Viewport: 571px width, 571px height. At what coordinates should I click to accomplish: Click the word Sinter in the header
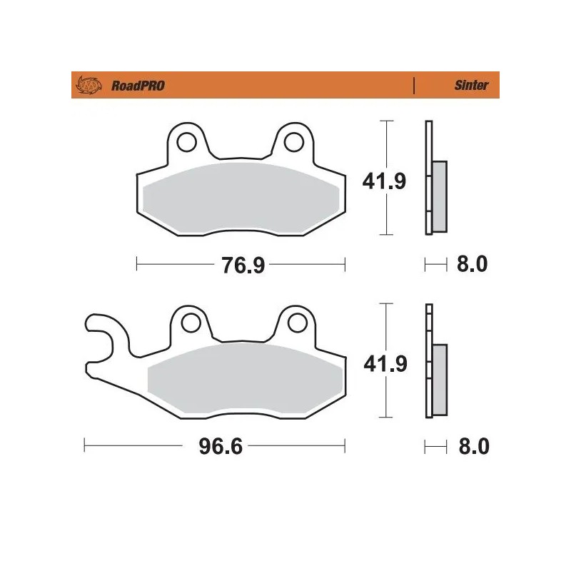(472, 85)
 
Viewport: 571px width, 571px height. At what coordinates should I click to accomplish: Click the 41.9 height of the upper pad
(385, 181)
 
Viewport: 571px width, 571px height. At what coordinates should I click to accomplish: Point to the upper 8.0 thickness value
(471, 266)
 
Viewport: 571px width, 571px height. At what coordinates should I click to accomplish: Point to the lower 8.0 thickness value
(471, 448)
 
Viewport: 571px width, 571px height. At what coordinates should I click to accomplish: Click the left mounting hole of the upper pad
(188, 142)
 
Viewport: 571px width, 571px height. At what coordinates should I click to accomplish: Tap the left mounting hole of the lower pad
(190, 323)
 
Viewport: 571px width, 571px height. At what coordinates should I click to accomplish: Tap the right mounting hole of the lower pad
(295, 323)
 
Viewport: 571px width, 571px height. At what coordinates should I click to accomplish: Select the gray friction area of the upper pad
(241, 199)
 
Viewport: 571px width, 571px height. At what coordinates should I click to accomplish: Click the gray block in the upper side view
(439, 196)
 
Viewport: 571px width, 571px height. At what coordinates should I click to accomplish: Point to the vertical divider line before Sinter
(414, 85)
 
